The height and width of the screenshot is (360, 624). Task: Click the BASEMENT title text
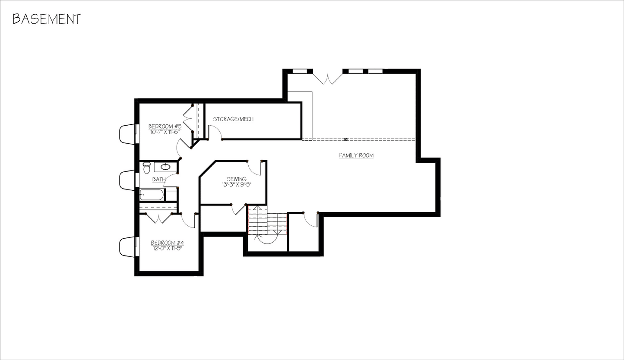click(x=47, y=19)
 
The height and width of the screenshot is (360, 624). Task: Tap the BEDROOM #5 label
click(x=165, y=126)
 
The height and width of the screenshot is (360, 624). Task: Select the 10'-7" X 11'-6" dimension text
click(x=165, y=132)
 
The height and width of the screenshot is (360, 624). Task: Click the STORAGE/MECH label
click(x=233, y=119)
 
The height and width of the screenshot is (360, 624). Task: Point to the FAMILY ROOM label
click(x=356, y=155)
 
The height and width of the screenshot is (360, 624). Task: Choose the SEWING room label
click(x=236, y=179)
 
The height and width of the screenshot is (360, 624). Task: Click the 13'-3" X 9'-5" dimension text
click(x=236, y=185)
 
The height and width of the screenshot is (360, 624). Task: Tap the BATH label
click(x=158, y=179)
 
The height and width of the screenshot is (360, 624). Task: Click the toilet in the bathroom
click(x=146, y=167)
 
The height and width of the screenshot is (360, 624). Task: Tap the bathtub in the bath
click(x=152, y=195)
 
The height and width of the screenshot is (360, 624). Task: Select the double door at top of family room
click(x=328, y=78)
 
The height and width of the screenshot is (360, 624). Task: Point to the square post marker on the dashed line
click(x=346, y=139)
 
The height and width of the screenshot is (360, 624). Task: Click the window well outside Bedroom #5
click(x=127, y=134)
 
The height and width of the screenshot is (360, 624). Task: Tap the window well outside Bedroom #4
click(x=127, y=246)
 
